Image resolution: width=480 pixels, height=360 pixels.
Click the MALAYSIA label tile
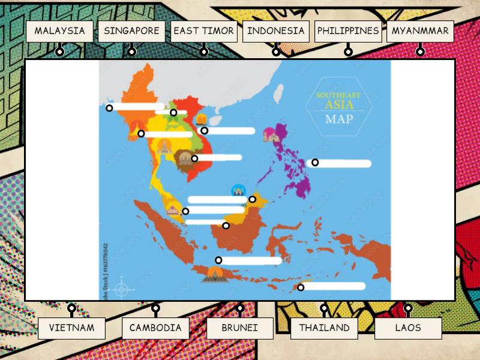(59, 31)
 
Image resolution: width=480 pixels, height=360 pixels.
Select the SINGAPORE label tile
(131, 31)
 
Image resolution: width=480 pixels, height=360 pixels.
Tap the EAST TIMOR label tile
(203, 31)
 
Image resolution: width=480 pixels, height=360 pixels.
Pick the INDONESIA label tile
(276, 31)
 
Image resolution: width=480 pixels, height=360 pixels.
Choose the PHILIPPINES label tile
(348, 31)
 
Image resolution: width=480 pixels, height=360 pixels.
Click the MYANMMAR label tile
(420, 31)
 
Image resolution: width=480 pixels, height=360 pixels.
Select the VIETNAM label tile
(71, 328)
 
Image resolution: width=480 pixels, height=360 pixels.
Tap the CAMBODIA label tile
(155, 328)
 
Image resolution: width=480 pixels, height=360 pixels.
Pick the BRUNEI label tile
(240, 328)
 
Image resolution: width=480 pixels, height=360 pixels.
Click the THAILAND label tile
(324, 328)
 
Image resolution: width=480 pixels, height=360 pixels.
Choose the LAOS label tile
(408, 328)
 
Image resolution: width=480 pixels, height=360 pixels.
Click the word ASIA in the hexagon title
(339, 105)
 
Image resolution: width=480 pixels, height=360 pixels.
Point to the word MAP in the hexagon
(339, 119)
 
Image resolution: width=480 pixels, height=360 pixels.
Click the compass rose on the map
(122, 289)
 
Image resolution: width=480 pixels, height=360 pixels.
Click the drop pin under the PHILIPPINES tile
(348, 52)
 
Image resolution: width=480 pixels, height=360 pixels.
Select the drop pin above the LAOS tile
(408, 308)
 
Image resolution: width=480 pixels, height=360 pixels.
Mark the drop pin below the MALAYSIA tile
(59, 52)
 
